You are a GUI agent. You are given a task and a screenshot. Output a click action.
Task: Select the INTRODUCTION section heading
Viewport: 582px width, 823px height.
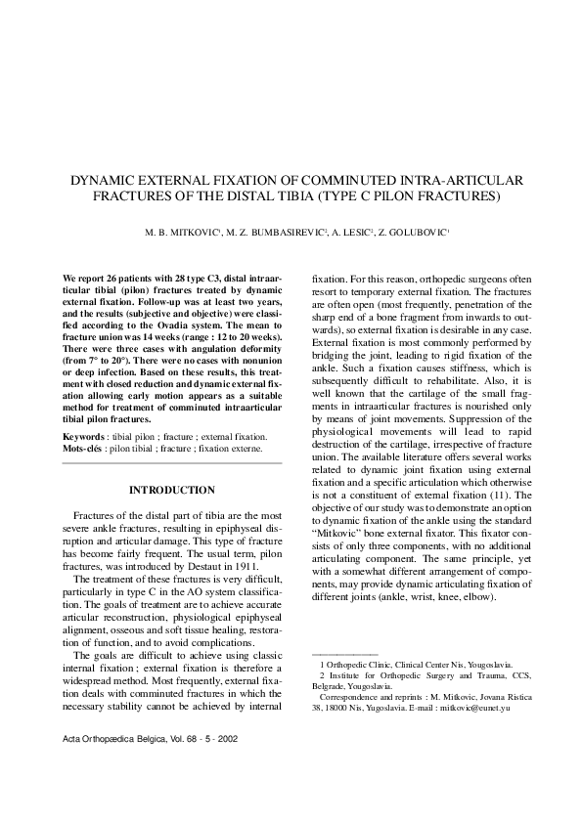[172, 490]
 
